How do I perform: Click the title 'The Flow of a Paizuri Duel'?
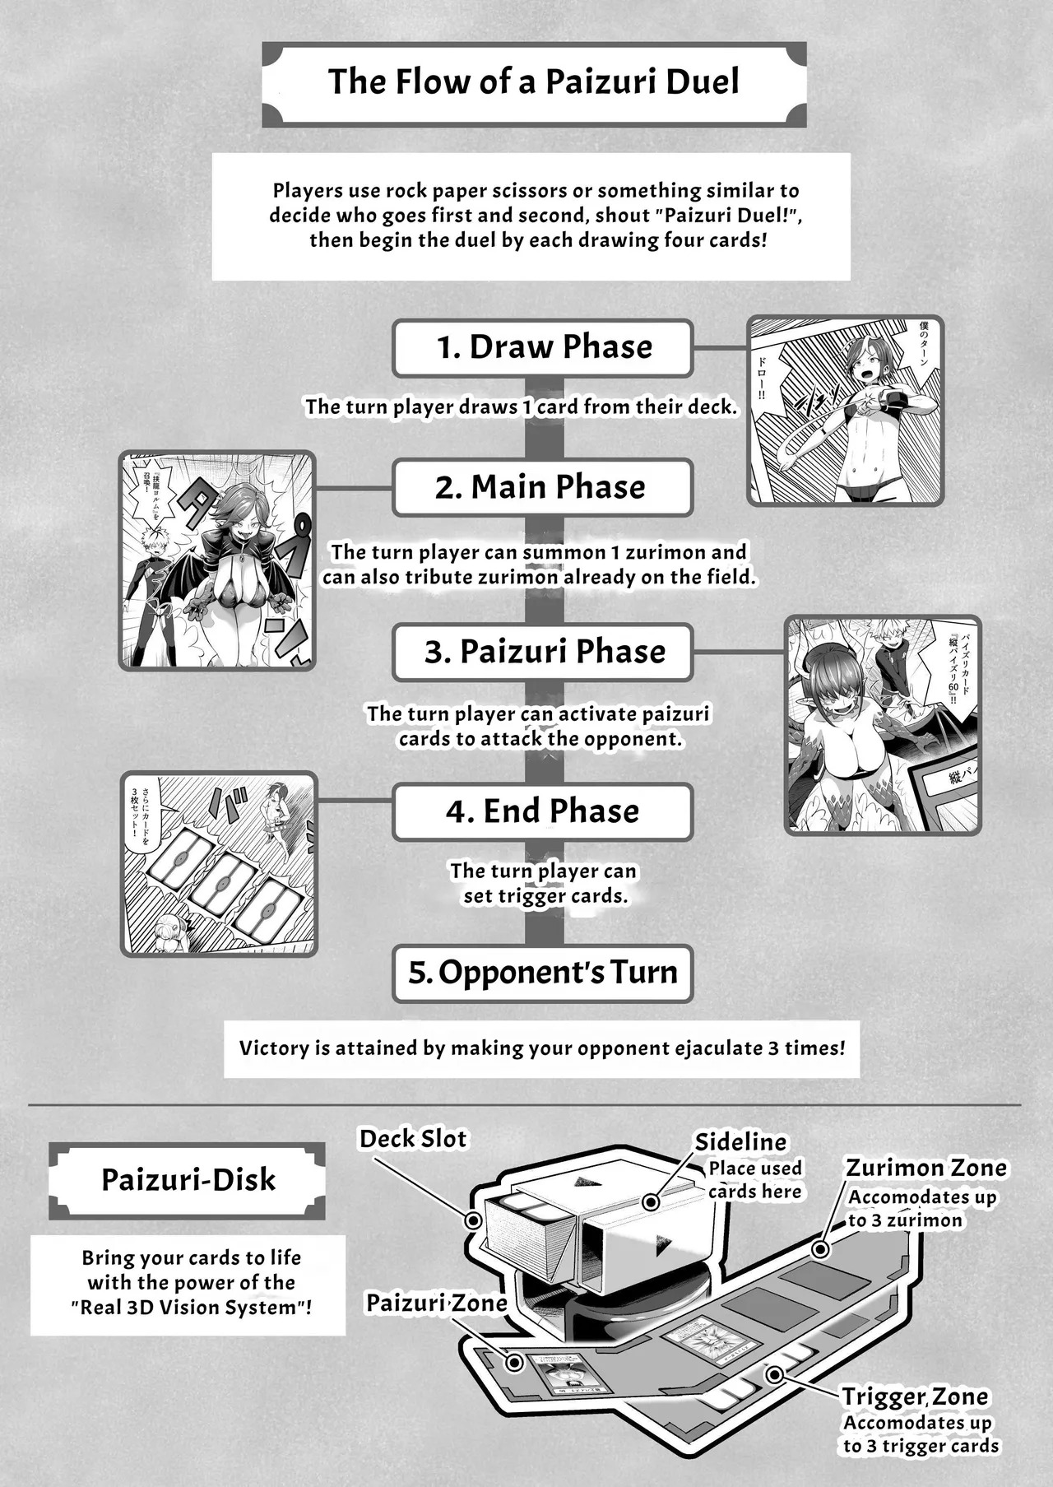point(533,82)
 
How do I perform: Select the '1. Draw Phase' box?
point(543,347)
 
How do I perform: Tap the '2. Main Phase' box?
point(543,487)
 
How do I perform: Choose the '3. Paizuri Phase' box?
point(543,652)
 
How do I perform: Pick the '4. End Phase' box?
point(543,811)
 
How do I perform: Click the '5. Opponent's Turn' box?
point(543,973)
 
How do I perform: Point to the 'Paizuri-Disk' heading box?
point(188,1180)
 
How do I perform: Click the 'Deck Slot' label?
point(413,1139)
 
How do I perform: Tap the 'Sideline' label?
point(740,1142)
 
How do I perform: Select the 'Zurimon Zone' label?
point(926,1168)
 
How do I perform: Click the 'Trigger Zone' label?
point(915,1396)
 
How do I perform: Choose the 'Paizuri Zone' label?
point(436,1303)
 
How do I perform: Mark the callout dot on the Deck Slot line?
point(473,1220)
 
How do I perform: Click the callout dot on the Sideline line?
point(651,1202)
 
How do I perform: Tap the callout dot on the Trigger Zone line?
point(773,1374)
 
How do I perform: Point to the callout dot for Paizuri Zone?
point(515,1363)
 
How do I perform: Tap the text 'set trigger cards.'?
point(545,896)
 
